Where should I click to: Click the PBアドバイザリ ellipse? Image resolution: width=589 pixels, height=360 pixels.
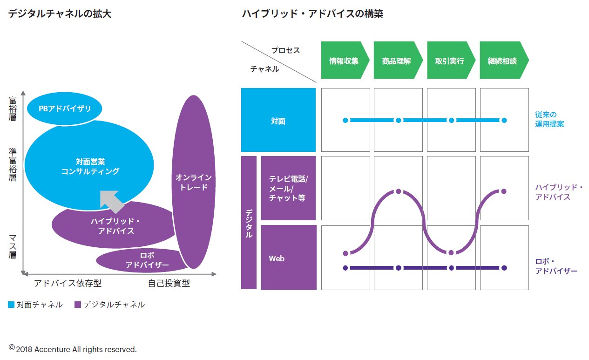click(64, 109)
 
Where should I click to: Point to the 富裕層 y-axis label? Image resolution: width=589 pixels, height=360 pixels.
click(13, 109)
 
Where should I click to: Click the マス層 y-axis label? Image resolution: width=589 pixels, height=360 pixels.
click(13, 247)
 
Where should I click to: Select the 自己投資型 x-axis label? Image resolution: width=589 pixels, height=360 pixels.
click(169, 283)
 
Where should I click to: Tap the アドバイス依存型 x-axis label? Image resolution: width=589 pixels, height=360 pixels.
click(68, 283)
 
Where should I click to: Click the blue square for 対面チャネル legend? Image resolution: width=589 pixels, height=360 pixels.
click(12, 305)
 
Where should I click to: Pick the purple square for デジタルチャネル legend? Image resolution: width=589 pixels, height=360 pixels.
click(78, 305)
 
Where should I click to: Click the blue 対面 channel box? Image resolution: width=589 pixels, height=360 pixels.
click(278, 120)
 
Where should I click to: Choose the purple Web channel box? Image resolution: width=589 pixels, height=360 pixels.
click(289, 258)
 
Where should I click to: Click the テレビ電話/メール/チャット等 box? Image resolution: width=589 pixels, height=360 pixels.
click(289, 188)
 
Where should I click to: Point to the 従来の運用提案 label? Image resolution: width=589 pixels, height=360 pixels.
click(549, 119)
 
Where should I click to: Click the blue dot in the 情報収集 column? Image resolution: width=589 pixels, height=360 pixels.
click(345, 120)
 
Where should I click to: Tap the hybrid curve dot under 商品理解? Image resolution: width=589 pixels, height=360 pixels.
click(399, 191)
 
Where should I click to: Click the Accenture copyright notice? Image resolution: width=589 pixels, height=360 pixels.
click(73, 349)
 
